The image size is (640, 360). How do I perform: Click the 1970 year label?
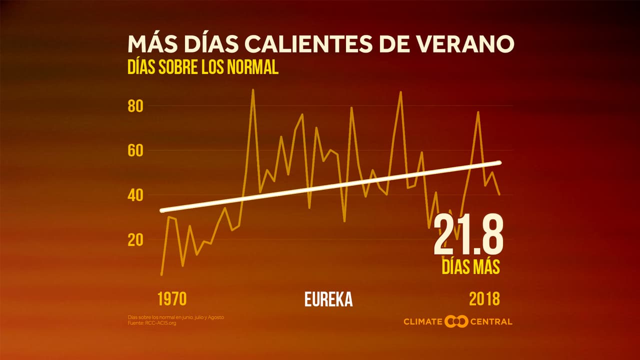172,299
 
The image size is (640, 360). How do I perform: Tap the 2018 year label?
484,299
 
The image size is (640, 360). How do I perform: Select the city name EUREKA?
328,299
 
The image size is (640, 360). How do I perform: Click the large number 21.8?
468,235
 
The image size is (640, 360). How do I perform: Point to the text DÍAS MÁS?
470,266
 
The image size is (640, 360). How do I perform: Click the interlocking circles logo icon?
456,321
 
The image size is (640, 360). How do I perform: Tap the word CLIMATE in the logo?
423,321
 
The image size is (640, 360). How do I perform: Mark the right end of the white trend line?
499,162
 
